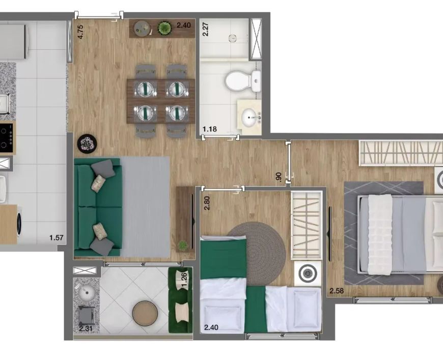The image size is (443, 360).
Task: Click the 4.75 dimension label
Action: pos(80,32)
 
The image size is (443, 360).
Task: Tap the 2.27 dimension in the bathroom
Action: pos(206,29)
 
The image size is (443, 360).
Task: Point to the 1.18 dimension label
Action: pos(210,129)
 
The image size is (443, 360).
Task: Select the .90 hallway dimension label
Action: pos(279,177)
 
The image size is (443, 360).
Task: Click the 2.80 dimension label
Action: pos(207,203)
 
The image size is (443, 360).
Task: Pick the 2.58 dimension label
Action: pos(337,290)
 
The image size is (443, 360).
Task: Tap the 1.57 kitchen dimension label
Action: pos(56,238)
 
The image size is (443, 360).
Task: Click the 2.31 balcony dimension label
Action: pos(86,328)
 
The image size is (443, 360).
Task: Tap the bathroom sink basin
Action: pos(250,116)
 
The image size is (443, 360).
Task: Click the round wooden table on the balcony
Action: pos(145,313)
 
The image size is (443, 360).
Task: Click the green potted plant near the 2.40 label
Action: pos(164,28)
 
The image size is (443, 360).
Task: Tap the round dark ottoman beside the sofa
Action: pos(87,144)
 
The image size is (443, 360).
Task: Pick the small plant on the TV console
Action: pos(183,245)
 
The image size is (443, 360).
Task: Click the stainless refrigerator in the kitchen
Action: pos(13,42)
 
